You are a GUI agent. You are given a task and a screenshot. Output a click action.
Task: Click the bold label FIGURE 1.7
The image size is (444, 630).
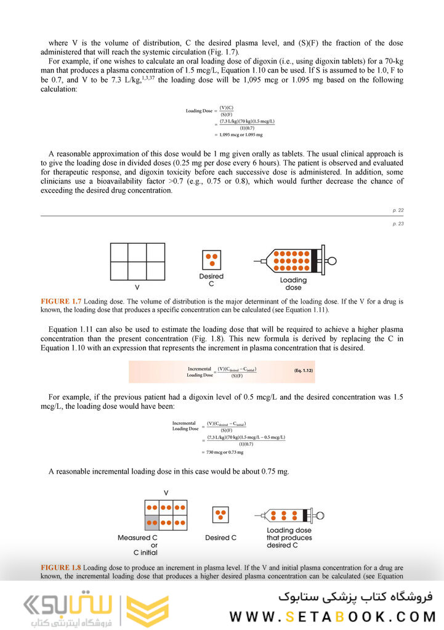click(61, 301)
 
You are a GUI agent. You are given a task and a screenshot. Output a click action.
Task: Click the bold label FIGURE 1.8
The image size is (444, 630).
click(61, 567)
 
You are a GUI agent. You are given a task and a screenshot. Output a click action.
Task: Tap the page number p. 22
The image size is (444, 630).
click(398, 211)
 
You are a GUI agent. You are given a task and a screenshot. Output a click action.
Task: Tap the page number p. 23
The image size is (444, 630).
click(398, 224)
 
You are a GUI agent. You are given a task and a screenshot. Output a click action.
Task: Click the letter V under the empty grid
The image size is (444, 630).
click(137, 286)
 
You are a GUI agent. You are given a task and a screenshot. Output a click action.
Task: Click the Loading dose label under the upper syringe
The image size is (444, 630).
click(293, 284)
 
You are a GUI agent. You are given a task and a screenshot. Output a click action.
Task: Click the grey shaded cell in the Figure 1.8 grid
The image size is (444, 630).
click(151, 522)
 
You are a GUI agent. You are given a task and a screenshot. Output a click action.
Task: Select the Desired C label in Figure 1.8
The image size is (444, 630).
click(220, 538)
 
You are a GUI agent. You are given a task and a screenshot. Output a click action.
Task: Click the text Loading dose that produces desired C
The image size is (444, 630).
click(289, 538)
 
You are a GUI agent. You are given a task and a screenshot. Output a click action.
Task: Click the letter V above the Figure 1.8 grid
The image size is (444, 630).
click(166, 493)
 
